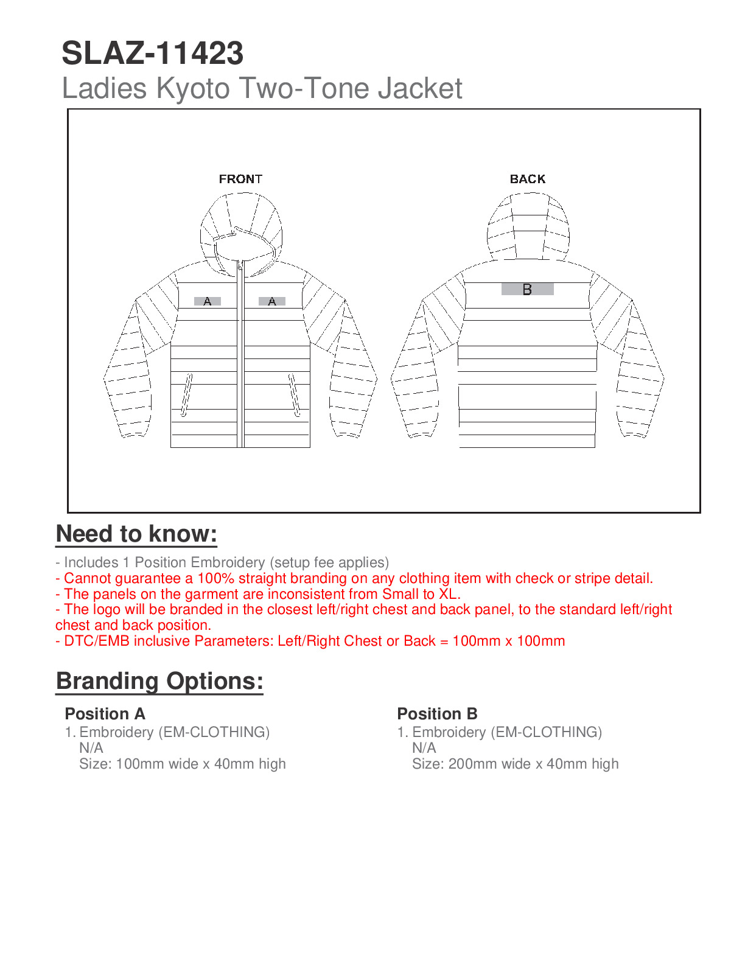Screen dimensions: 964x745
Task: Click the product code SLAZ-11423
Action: pos(152,54)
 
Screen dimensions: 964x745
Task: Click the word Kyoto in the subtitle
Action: pos(193,88)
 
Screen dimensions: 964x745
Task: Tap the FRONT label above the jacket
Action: pos(240,179)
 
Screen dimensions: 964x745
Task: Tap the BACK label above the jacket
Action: pos(528,179)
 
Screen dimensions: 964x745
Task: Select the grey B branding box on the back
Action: pos(527,290)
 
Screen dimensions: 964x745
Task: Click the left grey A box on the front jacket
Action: pos(207,301)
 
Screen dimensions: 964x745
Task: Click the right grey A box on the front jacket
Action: pos(271,301)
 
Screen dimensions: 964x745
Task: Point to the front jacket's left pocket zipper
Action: pos(187,396)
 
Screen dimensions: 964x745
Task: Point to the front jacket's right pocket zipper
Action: pos(294,396)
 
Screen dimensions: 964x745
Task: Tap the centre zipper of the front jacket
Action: pos(240,359)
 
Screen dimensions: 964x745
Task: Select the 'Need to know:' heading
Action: pos(136,534)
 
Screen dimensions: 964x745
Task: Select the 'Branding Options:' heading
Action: pos(159,681)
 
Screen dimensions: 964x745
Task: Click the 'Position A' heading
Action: pos(105,714)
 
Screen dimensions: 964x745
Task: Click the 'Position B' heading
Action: pos(437,714)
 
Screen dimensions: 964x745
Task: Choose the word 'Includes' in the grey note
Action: pos(91,563)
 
